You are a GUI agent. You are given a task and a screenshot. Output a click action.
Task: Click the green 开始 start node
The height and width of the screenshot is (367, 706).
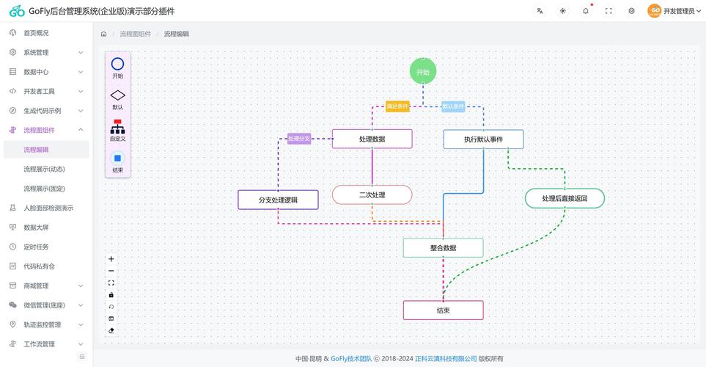coord(423,72)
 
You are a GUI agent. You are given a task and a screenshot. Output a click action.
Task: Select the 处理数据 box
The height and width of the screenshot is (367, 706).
coord(372,139)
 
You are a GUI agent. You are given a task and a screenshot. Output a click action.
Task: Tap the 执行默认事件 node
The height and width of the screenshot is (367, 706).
coord(483,139)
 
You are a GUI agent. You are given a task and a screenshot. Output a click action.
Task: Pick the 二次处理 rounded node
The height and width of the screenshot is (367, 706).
coord(372,195)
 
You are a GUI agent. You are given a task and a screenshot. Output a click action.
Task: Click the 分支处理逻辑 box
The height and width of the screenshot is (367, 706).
coord(278,200)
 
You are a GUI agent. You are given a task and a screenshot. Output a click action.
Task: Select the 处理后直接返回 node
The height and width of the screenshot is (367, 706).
coord(565,198)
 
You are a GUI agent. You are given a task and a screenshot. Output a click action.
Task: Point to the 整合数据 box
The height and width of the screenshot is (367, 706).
coord(443,247)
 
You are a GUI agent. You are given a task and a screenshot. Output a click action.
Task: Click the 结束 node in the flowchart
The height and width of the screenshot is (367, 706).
coord(443,310)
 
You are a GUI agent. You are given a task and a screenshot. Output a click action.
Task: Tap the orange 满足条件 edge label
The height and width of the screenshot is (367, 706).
coord(397,106)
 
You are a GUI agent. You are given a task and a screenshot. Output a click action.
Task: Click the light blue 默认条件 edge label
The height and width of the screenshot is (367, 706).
coord(453,106)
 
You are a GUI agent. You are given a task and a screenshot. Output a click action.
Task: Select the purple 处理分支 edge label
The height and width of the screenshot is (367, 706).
coord(299,139)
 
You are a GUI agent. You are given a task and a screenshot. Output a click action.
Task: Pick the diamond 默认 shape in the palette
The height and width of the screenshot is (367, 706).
coord(117,95)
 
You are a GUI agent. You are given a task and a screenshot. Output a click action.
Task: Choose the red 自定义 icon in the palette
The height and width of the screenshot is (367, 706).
coord(117,127)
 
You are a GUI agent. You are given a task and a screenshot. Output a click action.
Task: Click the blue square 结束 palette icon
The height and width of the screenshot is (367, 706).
coord(117,159)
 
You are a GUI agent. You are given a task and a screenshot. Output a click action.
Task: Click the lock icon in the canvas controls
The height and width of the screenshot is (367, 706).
coord(111,295)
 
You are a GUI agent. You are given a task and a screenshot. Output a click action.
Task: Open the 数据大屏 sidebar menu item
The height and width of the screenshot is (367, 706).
coord(36,228)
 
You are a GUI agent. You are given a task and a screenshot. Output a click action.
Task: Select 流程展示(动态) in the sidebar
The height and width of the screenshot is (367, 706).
coord(44,169)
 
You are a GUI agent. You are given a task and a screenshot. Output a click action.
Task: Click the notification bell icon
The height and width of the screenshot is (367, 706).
coord(585,11)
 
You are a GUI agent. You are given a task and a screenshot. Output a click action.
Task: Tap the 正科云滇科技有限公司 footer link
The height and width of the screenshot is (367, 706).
coord(446,358)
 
